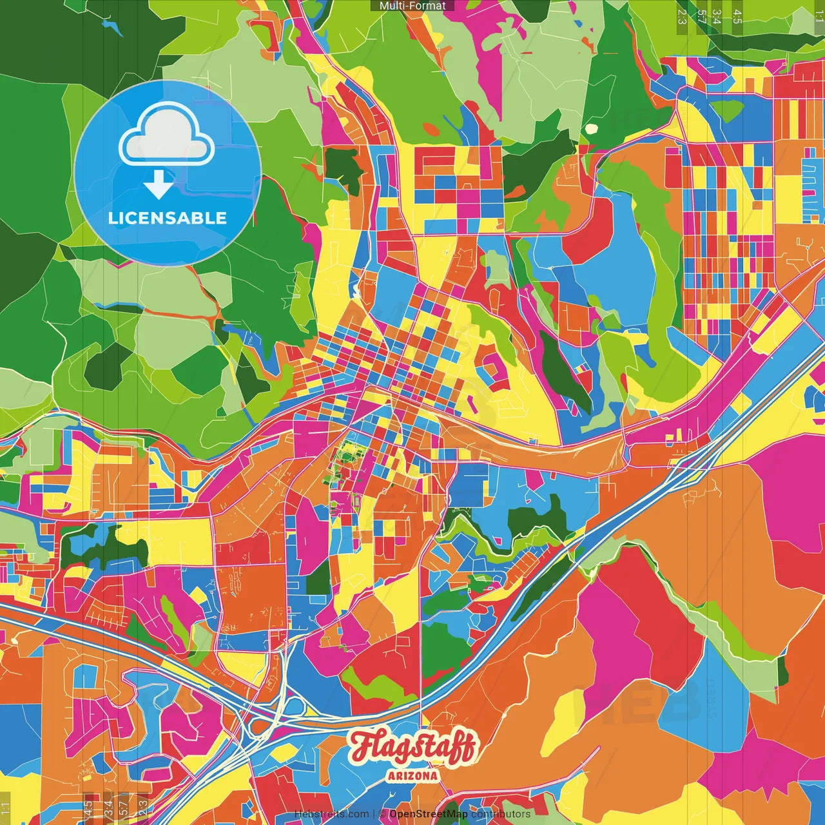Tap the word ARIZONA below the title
pos(412,776)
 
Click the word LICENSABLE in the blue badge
pos(168,218)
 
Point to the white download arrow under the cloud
pos(158,184)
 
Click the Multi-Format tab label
pos(412,6)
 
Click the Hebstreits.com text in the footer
pos(332,814)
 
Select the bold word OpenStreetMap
pos(429,814)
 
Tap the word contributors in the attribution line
pos(501,814)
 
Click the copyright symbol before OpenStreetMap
pos(382,814)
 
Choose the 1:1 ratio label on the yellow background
pos(5,810)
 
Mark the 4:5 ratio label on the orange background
pos(88,808)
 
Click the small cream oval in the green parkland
pos(591,128)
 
